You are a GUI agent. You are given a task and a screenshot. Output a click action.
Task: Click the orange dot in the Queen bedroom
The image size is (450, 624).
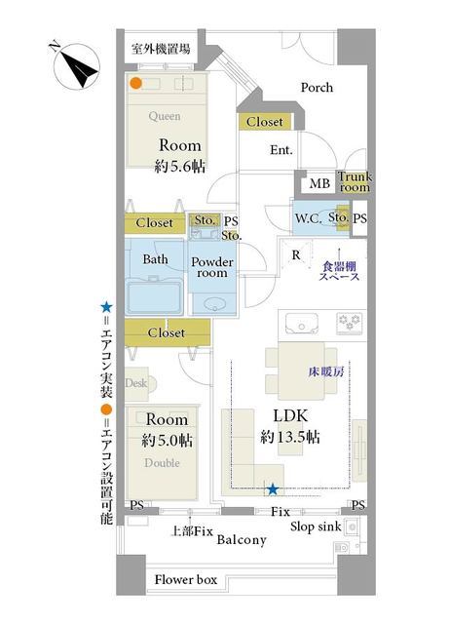pos(136,83)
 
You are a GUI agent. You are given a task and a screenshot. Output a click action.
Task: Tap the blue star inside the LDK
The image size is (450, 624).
pos(273,489)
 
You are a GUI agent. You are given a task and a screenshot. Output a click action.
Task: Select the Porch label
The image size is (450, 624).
pos(317,88)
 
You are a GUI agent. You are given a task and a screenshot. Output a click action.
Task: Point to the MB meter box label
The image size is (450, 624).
pos(319,184)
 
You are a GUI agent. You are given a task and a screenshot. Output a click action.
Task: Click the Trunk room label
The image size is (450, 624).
pos(355,182)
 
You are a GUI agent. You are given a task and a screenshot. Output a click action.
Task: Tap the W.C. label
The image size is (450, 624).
pos(308,218)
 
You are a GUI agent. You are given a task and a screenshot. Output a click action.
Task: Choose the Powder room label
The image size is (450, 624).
pos(212,267)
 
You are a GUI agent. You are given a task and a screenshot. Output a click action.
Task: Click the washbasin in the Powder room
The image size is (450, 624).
pos(214,304)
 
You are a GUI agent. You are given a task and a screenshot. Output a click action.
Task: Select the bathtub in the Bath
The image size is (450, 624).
pos(154,295)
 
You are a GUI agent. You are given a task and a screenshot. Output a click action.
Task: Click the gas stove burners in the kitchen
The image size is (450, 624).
pos(349,322)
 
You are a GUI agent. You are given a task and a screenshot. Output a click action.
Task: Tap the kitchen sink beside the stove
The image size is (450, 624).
pos(302,323)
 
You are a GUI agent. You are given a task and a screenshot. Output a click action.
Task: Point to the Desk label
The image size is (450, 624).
pos(136,383)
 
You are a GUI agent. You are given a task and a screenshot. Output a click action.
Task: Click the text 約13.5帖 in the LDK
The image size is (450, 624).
pos(290,437)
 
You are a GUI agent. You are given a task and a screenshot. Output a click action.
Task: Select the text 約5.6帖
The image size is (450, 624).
pos(179,166)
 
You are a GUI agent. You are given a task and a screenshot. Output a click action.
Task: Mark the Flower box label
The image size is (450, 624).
pos(186,579)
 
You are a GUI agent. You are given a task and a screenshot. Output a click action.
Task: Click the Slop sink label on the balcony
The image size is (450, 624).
pos(316,526)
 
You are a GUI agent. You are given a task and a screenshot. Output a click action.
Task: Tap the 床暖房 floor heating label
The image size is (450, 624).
pos(326,372)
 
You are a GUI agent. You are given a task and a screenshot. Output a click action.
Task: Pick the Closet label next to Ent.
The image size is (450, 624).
pos(265,122)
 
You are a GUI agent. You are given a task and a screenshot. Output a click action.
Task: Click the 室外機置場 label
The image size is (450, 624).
pos(161,49)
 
